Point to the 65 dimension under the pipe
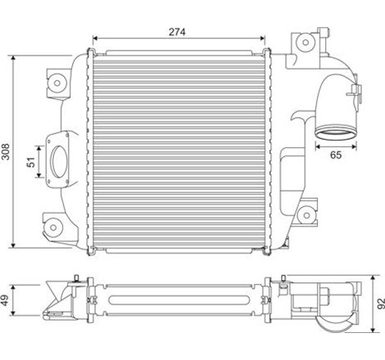point(335,153)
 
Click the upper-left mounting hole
point(59,80)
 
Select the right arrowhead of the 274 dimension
point(265,38)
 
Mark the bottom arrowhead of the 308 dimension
point(16,246)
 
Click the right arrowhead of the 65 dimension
point(355,144)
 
